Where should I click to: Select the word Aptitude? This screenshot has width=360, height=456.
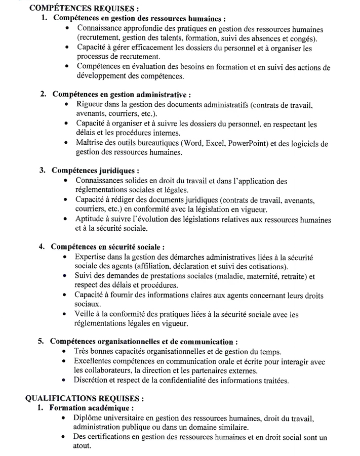click(x=90, y=220)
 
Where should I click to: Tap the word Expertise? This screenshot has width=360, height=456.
click(x=91, y=257)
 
